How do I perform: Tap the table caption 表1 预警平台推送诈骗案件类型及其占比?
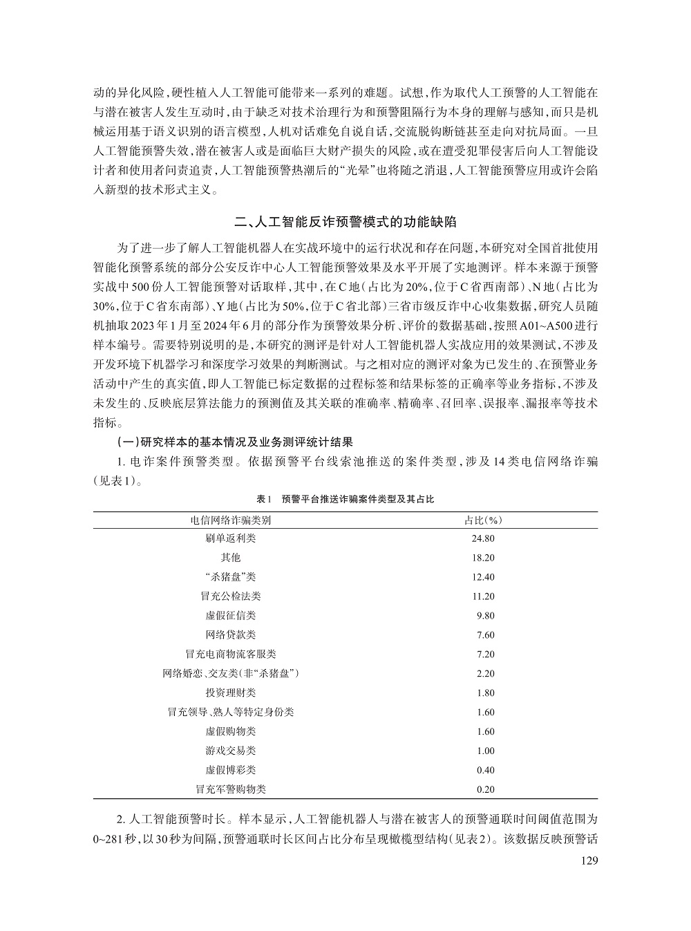(x=345, y=498)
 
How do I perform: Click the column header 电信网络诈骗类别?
(x=231, y=520)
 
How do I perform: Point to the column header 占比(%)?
(x=482, y=520)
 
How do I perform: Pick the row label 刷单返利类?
(x=231, y=538)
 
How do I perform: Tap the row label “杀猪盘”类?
(x=231, y=577)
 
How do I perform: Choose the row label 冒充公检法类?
(x=231, y=596)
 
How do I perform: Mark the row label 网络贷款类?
(x=231, y=634)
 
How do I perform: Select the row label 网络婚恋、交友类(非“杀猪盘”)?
(x=231, y=673)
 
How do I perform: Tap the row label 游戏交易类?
(x=231, y=751)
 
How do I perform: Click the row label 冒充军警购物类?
(x=231, y=789)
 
